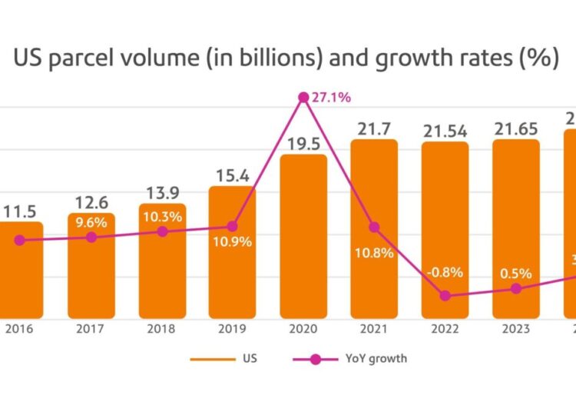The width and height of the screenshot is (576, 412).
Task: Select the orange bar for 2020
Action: click(x=303, y=246)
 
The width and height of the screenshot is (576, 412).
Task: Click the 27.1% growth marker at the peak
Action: click(x=303, y=98)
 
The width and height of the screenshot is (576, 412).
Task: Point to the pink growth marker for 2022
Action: click(x=445, y=295)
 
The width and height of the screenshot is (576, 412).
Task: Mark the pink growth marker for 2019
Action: click(x=233, y=226)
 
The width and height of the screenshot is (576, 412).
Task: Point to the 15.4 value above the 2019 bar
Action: click(x=233, y=175)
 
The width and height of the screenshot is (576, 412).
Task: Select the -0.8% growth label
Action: click(x=443, y=273)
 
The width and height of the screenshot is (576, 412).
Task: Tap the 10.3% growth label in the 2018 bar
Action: click(x=162, y=217)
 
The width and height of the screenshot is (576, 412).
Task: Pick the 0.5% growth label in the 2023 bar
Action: click(x=514, y=273)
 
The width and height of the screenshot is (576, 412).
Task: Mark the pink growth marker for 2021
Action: click(x=374, y=228)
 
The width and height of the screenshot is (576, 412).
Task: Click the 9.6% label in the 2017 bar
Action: click(x=91, y=223)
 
